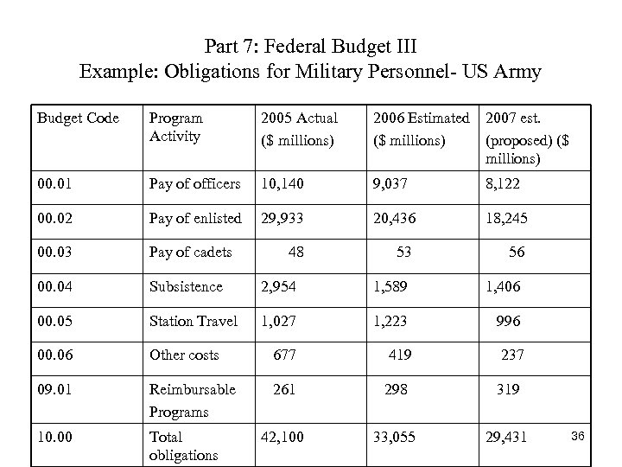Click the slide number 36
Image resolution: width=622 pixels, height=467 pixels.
pyautogui.click(x=579, y=442)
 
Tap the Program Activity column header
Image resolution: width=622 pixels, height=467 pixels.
pyautogui.click(x=176, y=126)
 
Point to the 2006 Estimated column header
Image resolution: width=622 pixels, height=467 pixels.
pyautogui.click(x=421, y=126)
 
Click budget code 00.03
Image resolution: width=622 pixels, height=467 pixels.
pyautogui.click(x=56, y=252)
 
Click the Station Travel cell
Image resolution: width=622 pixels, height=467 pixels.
pyautogui.click(x=194, y=321)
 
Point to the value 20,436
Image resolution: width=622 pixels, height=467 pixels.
pyautogui.click(x=395, y=217)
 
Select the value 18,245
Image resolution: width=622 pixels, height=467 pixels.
pyautogui.click(x=510, y=217)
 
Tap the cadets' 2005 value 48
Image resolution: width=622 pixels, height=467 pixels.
pyautogui.click(x=295, y=252)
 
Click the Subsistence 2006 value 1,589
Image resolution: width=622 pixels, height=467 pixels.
pyautogui.click(x=391, y=286)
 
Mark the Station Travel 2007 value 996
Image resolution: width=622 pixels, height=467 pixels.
pyautogui.click(x=508, y=321)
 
